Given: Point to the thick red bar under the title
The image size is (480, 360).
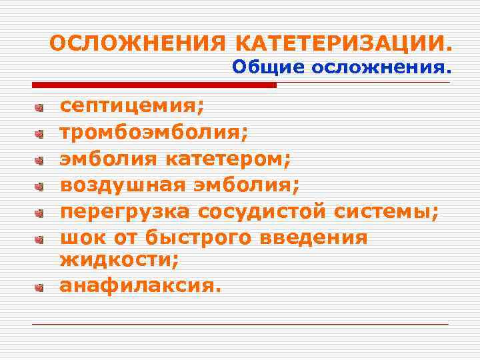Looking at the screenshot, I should (154, 85).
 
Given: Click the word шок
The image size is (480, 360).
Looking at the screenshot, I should (79, 238).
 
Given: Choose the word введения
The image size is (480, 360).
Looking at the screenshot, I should (316, 238).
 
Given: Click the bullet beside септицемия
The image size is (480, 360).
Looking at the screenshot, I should (39, 107).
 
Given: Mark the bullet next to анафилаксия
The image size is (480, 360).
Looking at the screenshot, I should (39, 287).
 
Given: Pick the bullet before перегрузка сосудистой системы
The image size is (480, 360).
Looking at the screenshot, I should (39, 213).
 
